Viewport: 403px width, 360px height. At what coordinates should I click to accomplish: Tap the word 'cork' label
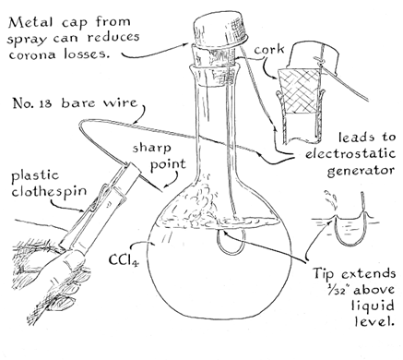click(x=269, y=50)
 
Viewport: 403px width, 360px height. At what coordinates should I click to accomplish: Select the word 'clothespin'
click(x=49, y=192)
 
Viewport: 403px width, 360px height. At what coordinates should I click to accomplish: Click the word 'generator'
click(x=361, y=171)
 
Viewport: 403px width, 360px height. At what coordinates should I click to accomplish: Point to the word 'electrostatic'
click(x=350, y=153)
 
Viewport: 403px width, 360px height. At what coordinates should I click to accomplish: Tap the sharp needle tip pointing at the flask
click(x=161, y=190)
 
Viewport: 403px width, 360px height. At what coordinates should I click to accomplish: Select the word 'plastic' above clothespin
click(x=35, y=176)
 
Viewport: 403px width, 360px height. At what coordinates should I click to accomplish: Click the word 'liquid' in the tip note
click(x=373, y=306)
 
